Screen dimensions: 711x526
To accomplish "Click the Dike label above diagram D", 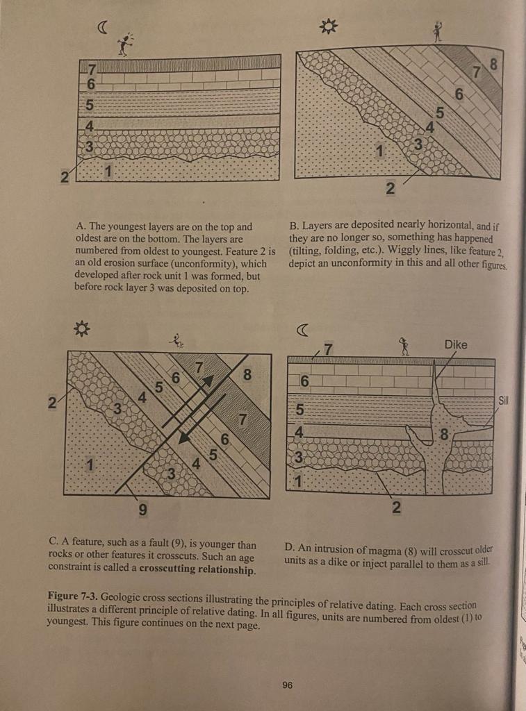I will click(x=456, y=345).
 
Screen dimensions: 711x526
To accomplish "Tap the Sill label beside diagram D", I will click(x=504, y=401).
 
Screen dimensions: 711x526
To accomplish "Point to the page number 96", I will click(x=287, y=685).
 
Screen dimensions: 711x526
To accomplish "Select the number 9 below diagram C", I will click(x=142, y=510).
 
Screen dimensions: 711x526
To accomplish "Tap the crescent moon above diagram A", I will click(x=103, y=27).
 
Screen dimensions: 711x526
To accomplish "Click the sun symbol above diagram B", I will click(x=327, y=27).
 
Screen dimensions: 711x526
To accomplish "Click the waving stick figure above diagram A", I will click(x=125, y=44).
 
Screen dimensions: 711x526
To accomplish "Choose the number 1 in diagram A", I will click(x=108, y=170).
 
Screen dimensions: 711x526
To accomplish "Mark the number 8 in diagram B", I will click(x=494, y=64).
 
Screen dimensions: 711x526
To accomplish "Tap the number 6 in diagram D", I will click(x=304, y=381).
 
